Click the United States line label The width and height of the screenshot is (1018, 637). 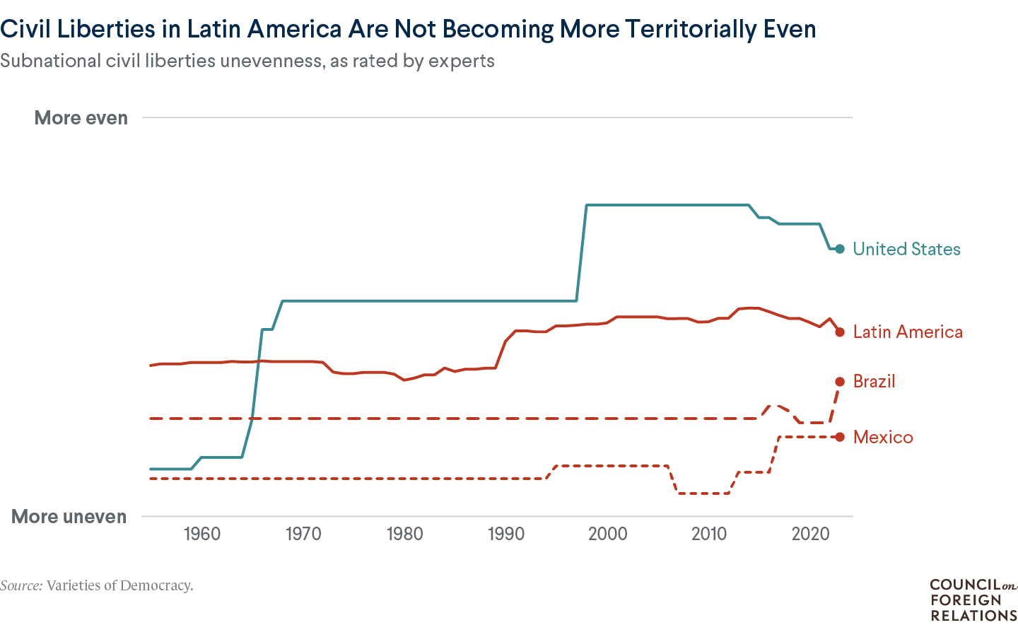[x=906, y=249]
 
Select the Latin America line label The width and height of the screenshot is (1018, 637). [x=908, y=332]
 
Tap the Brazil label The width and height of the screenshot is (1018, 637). [x=874, y=382]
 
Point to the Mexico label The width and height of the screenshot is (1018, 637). [x=883, y=437]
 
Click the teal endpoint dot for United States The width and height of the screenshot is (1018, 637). [x=840, y=249]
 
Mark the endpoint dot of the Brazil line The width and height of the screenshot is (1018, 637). [x=840, y=382]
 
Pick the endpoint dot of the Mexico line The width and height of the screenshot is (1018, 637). [x=840, y=437]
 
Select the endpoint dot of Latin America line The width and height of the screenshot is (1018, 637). [x=840, y=332]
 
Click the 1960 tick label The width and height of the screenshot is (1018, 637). [x=202, y=534]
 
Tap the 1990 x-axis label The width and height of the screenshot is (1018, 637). [x=506, y=534]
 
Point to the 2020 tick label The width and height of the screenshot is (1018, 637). [x=810, y=534]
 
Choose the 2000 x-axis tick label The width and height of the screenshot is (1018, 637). [x=608, y=534]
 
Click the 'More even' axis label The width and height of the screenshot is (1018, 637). [x=81, y=118]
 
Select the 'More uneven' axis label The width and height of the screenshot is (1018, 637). [x=69, y=517]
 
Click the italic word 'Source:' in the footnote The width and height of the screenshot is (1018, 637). [x=21, y=585]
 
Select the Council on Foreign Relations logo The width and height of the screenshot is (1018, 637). [x=973, y=600]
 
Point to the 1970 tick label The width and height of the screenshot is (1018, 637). [x=303, y=534]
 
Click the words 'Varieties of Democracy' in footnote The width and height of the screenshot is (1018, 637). [x=119, y=585]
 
